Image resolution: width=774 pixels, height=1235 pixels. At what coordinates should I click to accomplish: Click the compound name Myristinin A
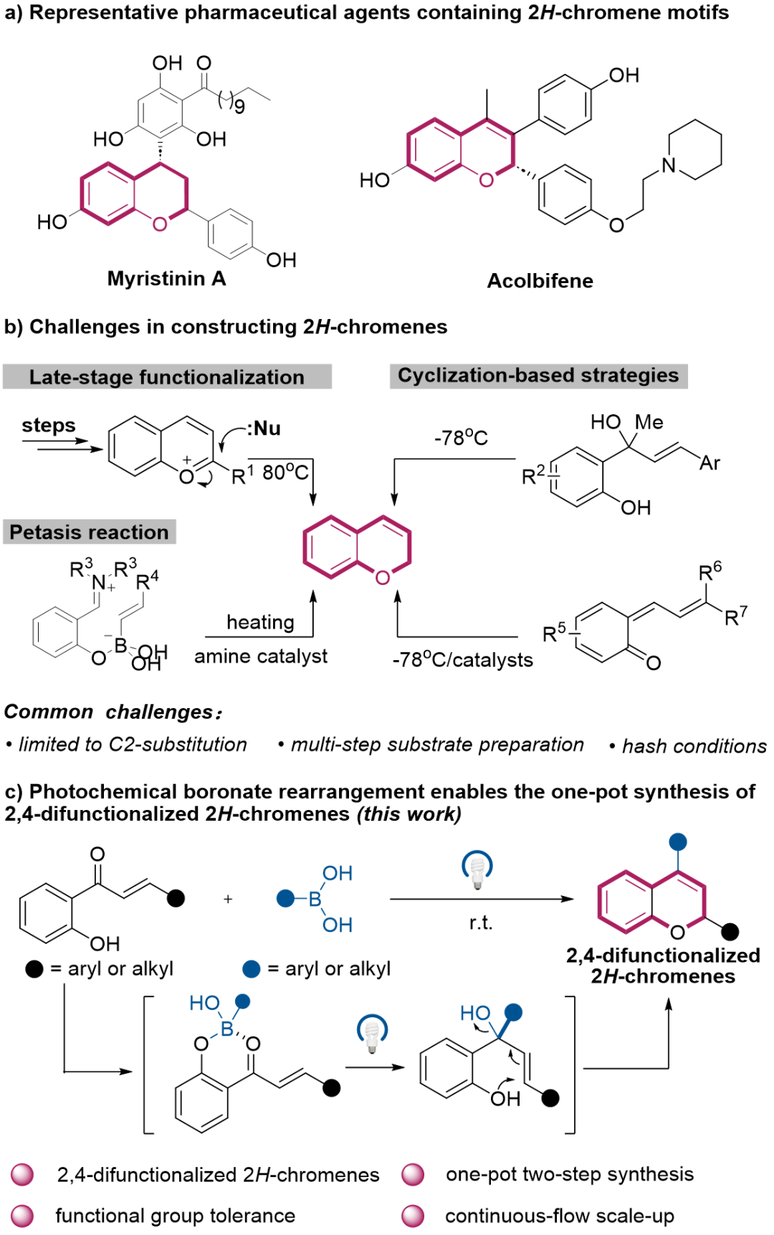(x=166, y=278)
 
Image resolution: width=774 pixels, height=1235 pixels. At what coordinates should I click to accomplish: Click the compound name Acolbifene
(x=540, y=280)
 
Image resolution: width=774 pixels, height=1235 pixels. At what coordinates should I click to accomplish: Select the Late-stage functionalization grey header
(x=166, y=377)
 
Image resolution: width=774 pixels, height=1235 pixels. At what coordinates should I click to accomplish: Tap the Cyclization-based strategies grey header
(x=537, y=376)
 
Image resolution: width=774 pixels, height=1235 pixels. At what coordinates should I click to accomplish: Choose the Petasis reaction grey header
(x=89, y=532)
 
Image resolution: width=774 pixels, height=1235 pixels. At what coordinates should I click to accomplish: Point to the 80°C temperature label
(x=285, y=472)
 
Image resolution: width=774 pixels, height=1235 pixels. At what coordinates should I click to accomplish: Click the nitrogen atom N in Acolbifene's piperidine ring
(x=669, y=166)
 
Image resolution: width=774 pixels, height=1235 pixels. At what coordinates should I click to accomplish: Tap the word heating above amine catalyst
(x=260, y=622)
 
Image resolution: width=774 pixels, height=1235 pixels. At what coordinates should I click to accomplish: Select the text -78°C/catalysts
(x=462, y=660)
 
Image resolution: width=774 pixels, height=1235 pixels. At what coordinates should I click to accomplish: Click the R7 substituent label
(x=736, y=616)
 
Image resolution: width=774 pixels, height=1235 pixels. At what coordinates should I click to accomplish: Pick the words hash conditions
(x=694, y=746)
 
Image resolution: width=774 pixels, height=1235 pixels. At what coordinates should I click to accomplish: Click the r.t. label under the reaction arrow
(x=480, y=923)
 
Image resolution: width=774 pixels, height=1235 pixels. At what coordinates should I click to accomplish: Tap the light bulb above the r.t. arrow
(x=477, y=869)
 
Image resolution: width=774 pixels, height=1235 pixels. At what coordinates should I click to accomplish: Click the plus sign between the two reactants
(x=228, y=899)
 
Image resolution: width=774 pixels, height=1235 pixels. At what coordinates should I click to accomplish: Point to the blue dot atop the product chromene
(x=677, y=841)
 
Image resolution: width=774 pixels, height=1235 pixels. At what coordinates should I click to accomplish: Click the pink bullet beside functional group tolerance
(x=22, y=1216)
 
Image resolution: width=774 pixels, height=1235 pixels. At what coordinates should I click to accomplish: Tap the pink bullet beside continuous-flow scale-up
(x=413, y=1216)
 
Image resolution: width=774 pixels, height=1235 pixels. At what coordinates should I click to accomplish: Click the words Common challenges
(x=110, y=712)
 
